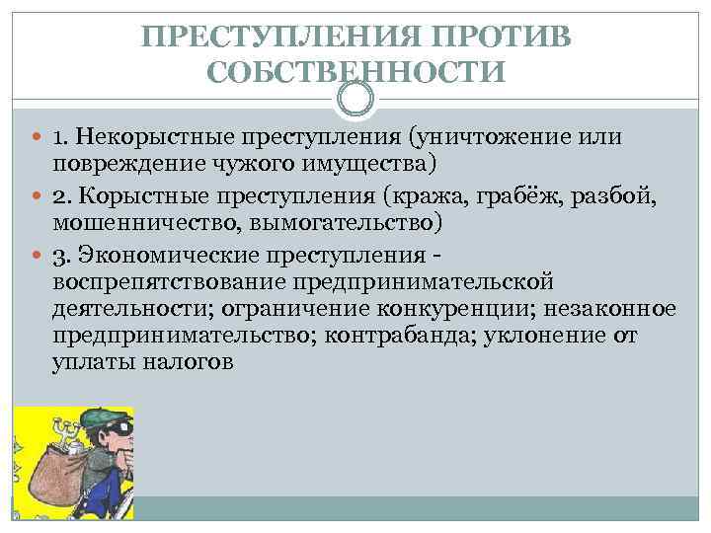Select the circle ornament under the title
355,99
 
